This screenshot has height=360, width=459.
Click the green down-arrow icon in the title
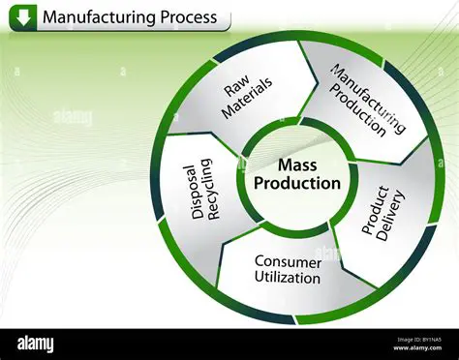tap(23, 16)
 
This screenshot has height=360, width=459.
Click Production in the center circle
tap(297, 184)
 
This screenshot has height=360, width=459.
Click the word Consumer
tap(288, 261)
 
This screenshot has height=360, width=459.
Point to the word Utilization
tap(288, 278)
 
